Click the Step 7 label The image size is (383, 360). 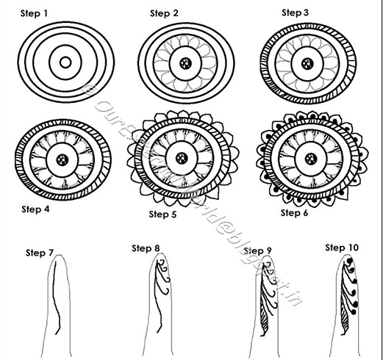click(40, 253)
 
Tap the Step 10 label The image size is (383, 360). click(342, 248)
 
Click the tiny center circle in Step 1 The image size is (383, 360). click(65, 62)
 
